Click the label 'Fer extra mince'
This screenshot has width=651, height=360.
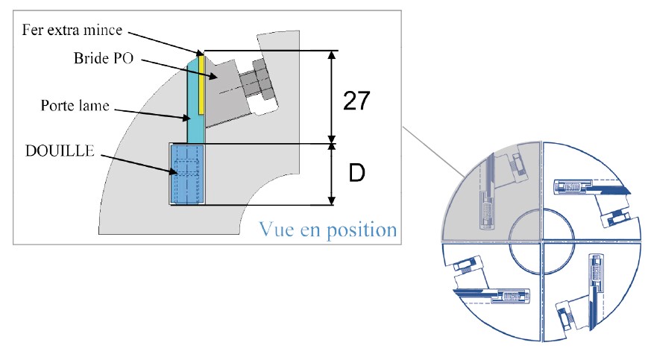point(72,31)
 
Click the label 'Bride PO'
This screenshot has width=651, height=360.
point(103,58)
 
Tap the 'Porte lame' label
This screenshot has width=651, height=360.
point(75,106)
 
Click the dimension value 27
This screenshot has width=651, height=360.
point(356,100)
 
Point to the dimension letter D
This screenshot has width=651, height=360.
point(357,174)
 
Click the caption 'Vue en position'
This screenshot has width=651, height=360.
point(327,229)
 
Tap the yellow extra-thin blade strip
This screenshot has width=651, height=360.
point(201,86)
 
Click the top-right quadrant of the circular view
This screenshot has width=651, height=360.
point(593,190)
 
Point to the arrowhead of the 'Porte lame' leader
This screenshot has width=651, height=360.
point(192,119)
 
